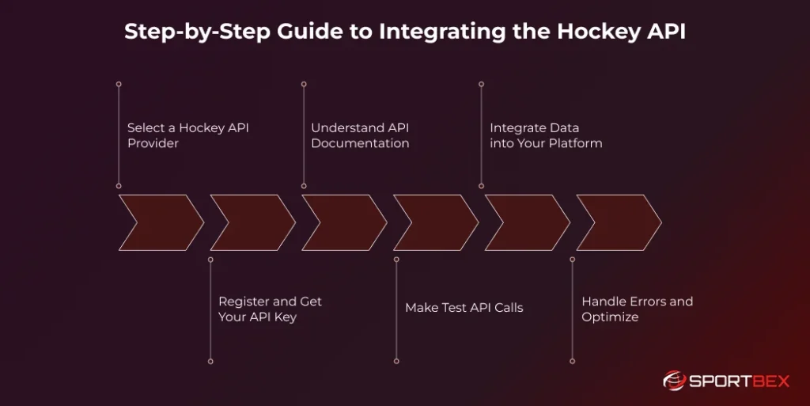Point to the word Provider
[x=153, y=143]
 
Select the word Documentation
[x=360, y=143]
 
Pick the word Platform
[x=574, y=143]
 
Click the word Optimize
[x=610, y=317]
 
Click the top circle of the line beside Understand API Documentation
[x=304, y=83]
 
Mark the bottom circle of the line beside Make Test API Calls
[x=395, y=361]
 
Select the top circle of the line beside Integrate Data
[x=482, y=83]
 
